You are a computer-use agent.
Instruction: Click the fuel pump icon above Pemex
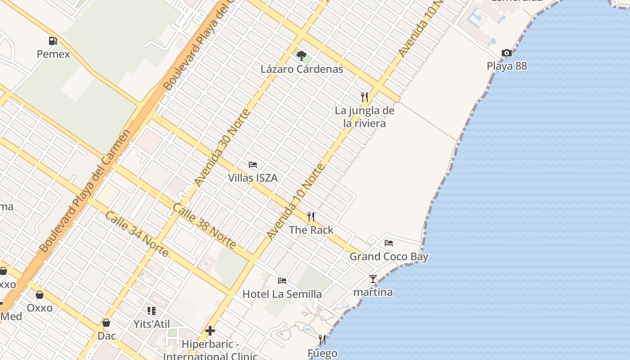pos(53,41)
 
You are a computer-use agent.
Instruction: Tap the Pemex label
pos(54,54)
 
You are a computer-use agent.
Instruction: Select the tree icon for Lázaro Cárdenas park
pos(301,56)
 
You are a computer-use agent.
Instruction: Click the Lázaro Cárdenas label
pos(302,69)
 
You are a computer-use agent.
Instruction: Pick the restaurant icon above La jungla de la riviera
pos(364,96)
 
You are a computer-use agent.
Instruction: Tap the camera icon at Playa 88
pos(507,53)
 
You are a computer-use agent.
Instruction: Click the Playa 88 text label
pos(507,66)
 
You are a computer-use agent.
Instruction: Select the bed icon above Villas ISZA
pos(253,164)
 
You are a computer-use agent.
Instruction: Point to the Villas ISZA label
pos(253,178)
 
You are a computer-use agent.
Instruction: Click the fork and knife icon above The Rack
pos(311,217)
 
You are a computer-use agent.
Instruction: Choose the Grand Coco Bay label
pos(389,257)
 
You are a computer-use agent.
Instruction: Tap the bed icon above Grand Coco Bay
pos(389,243)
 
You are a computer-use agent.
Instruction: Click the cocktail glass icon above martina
pos(373,279)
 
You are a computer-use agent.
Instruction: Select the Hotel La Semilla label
pos(282,294)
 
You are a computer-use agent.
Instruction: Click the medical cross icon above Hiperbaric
pos(210,331)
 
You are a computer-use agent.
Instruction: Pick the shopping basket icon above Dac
pos(107,323)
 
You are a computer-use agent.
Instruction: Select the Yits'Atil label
pos(152,324)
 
